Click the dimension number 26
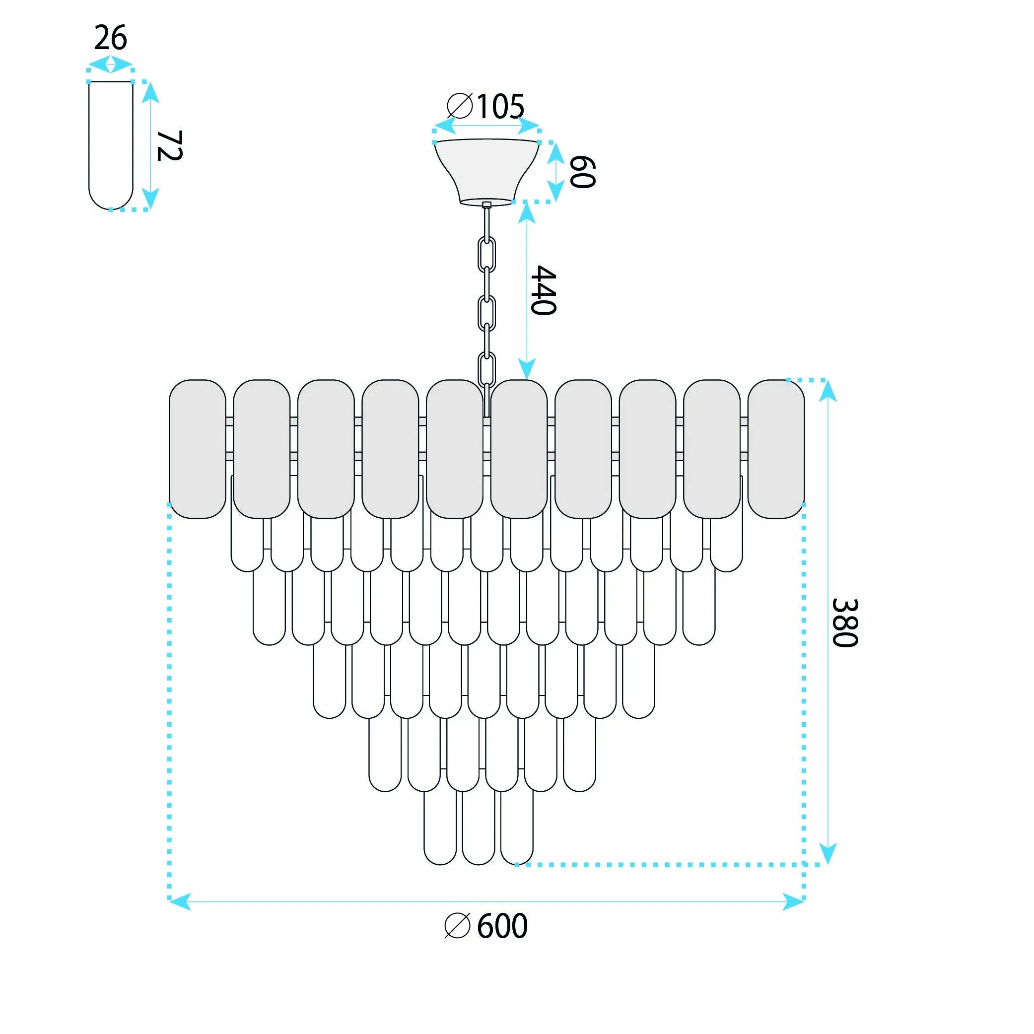(x=111, y=39)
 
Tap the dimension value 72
(x=170, y=145)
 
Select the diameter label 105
(x=500, y=107)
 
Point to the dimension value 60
(x=582, y=172)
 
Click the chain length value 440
(x=543, y=290)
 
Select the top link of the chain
(x=486, y=254)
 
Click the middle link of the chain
(x=486, y=313)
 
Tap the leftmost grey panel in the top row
(x=198, y=449)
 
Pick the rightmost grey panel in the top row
(x=776, y=449)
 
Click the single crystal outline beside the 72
(x=111, y=145)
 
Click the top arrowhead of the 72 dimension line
(x=151, y=93)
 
